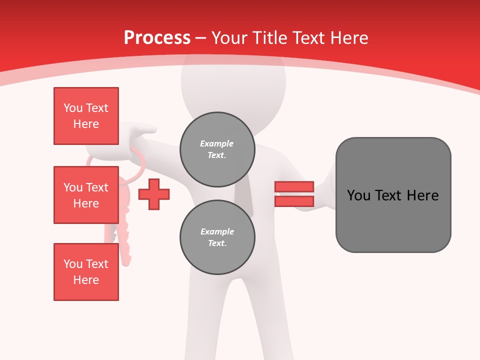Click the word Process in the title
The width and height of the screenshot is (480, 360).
point(157,38)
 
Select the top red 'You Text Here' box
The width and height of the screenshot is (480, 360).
point(86,116)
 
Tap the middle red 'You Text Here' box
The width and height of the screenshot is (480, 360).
point(86,195)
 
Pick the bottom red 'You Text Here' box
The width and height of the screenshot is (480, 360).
point(86,272)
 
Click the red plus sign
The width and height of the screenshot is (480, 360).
point(154,194)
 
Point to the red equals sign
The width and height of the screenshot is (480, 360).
point(294,194)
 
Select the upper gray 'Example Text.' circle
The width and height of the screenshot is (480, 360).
point(217,149)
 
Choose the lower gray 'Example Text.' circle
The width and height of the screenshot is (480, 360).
point(217,237)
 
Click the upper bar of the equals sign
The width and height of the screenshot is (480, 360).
point(294,187)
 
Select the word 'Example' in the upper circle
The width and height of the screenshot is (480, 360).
point(217,143)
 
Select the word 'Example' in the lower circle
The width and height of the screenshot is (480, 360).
point(217,231)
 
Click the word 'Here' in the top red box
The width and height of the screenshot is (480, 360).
point(86,124)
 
